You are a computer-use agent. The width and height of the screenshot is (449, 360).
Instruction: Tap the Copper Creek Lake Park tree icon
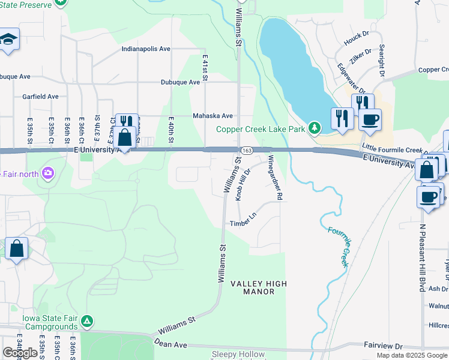pyautogui.click(x=314, y=128)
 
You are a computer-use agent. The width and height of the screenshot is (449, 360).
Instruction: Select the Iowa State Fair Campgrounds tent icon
pyautogui.click(x=88, y=321)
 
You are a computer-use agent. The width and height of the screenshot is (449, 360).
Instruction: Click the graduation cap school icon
pyautogui.click(x=8, y=40)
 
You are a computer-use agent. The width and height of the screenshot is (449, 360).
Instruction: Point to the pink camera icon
pyautogui.click(x=48, y=174)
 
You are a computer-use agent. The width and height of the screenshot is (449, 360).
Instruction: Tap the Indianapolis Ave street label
pyautogui.click(x=146, y=49)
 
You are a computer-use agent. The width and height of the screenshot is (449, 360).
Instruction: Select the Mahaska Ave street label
pyautogui.click(x=212, y=116)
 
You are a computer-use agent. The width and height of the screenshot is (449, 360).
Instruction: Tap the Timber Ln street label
pyautogui.click(x=243, y=224)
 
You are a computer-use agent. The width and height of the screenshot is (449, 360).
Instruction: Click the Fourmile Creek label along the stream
pyautogui.click(x=337, y=246)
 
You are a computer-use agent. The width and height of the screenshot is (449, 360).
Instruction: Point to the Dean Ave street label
pyautogui.click(x=170, y=345)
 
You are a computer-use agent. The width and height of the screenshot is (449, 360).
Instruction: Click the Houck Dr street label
pyautogui.click(x=357, y=39)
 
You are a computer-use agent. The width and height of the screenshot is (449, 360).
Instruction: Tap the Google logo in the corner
pyautogui.click(x=20, y=353)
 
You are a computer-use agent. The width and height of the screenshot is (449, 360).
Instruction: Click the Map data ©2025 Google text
pyautogui.click(x=412, y=355)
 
